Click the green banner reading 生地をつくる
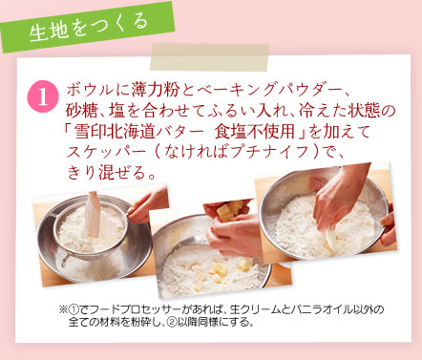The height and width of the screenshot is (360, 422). [x=88, y=28]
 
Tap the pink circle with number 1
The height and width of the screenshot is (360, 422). [x=43, y=97]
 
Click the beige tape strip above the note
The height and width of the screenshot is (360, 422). [x=209, y=57]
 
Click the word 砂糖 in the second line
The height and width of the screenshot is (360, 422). [x=81, y=111]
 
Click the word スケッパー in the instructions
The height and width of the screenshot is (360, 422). [x=106, y=152]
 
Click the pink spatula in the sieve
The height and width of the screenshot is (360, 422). [x=94, y=214]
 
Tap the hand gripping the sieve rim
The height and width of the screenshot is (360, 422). [x=148, y=204]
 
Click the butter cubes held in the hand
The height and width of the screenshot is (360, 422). [x=229, y=210]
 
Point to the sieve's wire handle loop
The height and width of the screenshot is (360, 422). [x=65, y=259]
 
